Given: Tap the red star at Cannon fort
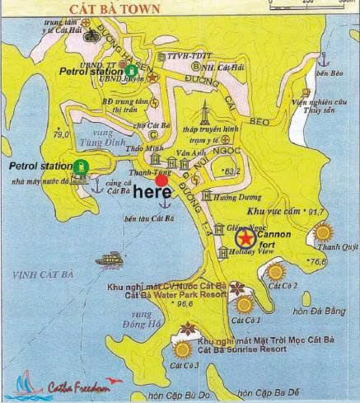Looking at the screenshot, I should coord(245,239).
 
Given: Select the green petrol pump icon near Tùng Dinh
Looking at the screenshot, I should coord(81,168).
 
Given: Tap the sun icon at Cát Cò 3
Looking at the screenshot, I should coord(183,349).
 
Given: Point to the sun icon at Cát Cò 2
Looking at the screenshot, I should coord(275,271).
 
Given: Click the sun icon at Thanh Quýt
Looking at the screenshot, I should coord(323,233).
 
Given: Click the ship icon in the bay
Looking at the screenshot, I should coord(109,260).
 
